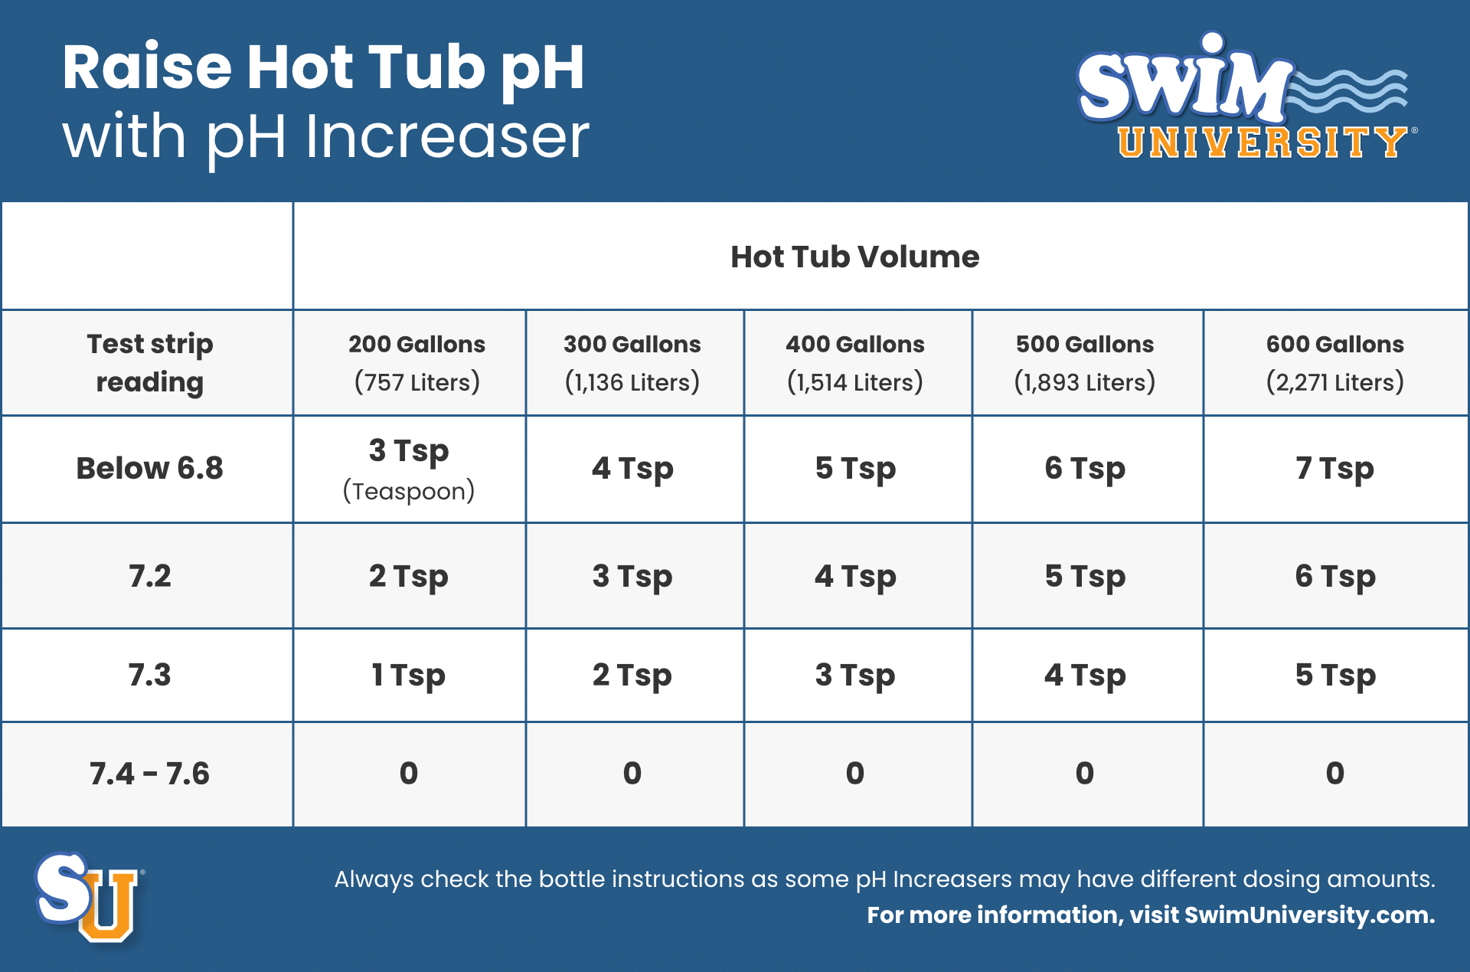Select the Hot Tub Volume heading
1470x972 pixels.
coord(854,257)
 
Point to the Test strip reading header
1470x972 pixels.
coord(150,362)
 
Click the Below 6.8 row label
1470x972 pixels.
coord(150,468)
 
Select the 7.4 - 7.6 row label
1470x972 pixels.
coord(150,774)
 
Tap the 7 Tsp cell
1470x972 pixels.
coord(1334,468)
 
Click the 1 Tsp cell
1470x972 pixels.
coord(408,676)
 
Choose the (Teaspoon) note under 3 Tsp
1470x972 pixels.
coord(408,491)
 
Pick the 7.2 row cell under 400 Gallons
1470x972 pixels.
coord(855,576)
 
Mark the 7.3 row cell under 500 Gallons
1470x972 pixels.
coord(1085,676)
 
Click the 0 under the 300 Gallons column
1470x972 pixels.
coord(632,774)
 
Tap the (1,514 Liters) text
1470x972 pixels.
coord(854,382)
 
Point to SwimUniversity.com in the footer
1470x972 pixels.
coord(1308,915)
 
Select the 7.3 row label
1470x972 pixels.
coord(150,676)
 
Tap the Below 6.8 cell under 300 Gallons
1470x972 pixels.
coord(632,468)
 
